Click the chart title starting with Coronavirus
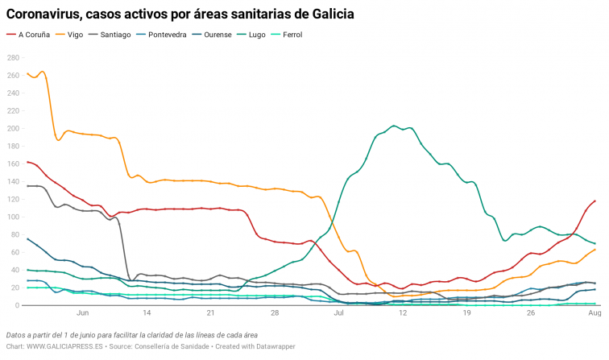pos(180,14)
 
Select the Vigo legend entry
pos(75,35)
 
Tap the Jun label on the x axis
pos(82,312)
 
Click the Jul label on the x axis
pos(339,312)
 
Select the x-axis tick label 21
pos(210,312)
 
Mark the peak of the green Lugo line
pos(394,126)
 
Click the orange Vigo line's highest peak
pos(42,72)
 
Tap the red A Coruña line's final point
pos(595,201)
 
